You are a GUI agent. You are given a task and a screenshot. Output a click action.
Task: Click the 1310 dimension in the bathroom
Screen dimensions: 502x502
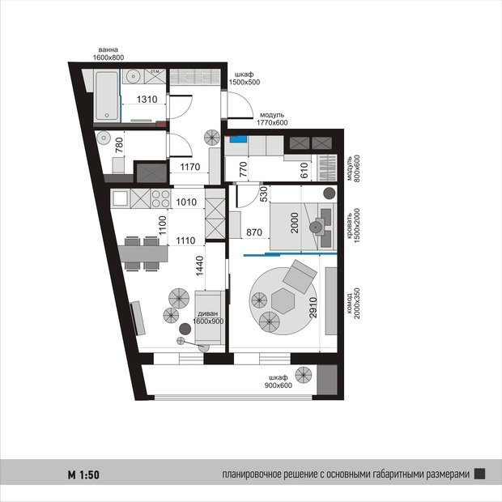tap(147, 100)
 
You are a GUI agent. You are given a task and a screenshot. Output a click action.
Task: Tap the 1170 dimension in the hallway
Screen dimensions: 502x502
tap(189, 167)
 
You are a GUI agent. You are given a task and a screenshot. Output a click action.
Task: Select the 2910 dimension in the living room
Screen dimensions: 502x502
tap(313, 308)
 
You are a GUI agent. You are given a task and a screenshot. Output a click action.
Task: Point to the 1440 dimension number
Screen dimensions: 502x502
tap(199, 266)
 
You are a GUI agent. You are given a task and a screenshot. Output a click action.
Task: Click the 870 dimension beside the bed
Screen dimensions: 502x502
tap(254, 232)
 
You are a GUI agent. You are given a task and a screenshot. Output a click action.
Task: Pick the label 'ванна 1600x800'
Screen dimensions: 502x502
tap(108, 53)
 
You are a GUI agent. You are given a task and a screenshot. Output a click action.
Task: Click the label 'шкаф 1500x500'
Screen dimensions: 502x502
tap(245, 79)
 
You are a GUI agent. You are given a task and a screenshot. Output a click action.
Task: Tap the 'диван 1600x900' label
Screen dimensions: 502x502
tap(208, 317)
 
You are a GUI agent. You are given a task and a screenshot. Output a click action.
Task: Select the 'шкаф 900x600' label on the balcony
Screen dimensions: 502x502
tap(279, 381)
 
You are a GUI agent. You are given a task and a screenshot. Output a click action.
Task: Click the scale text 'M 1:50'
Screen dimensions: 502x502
tap(83, 474)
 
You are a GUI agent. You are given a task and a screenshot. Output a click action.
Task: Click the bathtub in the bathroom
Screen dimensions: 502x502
tap(107, 96)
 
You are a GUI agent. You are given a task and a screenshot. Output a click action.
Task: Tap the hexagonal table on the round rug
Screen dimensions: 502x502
tap(283, 300)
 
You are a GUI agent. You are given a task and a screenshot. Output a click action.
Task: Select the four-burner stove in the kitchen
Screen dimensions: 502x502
tap(160, 198)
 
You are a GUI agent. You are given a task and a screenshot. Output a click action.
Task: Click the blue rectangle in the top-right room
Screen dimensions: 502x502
tap(238, 139)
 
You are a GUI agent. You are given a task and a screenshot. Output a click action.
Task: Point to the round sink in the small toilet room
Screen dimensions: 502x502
tap(103, 138)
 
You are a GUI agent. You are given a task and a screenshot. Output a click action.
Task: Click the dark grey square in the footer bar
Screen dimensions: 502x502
tap(479, 474)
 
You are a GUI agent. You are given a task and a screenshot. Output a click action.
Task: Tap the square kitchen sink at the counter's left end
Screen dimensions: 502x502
tap(120, 198)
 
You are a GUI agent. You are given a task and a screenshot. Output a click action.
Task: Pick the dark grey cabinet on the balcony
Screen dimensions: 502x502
tap(327, 380)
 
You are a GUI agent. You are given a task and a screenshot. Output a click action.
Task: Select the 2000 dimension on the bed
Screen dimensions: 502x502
tap(294, 223)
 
